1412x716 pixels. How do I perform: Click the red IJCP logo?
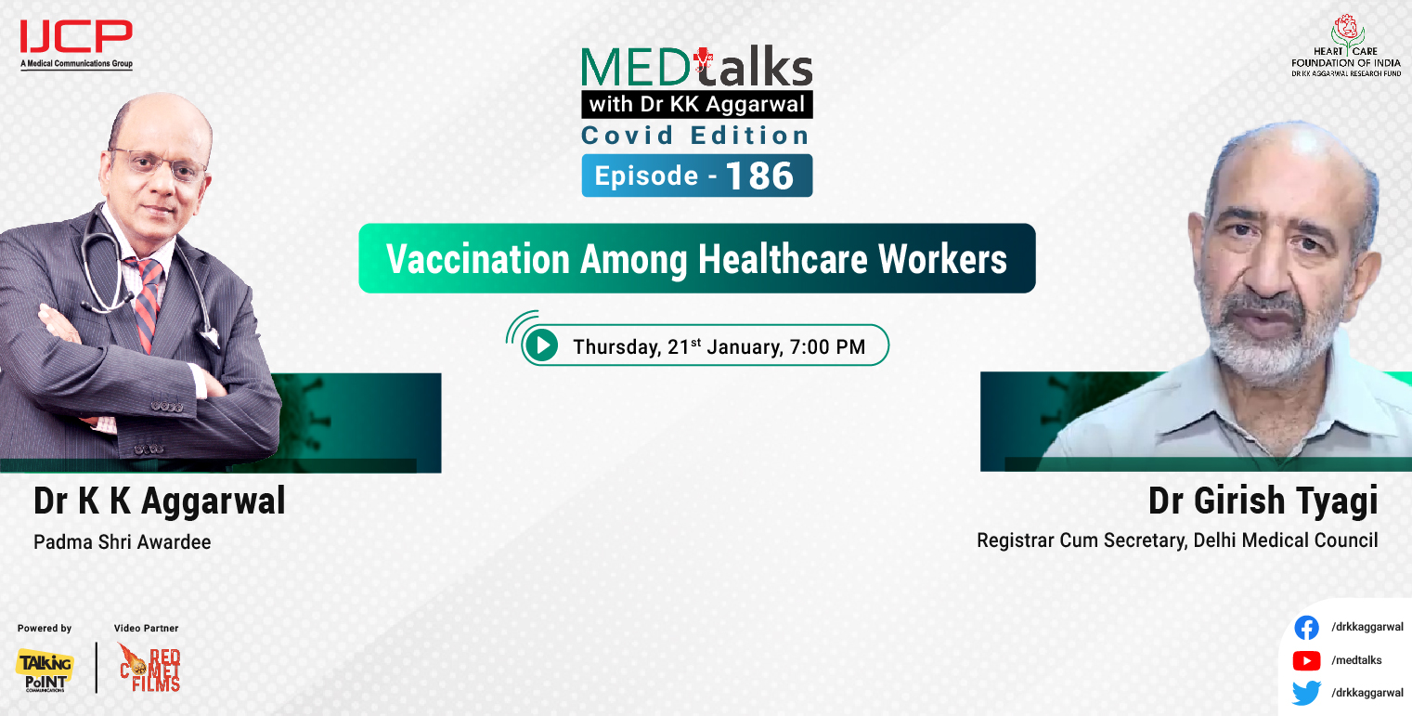[76, 38]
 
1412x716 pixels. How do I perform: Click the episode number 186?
[759, 176]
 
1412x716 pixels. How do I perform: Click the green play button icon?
[540, 346]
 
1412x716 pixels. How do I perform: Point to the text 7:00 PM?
[827, 347]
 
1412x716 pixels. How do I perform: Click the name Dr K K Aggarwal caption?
[159, 501]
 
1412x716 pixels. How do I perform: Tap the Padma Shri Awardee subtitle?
[122, 541]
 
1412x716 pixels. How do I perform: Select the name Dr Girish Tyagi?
[1263, 501]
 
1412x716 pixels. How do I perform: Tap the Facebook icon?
[1306, 628]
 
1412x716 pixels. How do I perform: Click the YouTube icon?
[1306, 660]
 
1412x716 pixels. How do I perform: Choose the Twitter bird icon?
[1306, 693]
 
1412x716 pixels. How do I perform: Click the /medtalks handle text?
[1356, 660]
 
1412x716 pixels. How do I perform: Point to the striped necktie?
[148, 303]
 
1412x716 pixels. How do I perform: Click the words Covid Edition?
[695, 136]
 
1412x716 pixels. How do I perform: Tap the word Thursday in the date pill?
[615, 347]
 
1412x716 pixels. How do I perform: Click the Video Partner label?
[146, 629]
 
